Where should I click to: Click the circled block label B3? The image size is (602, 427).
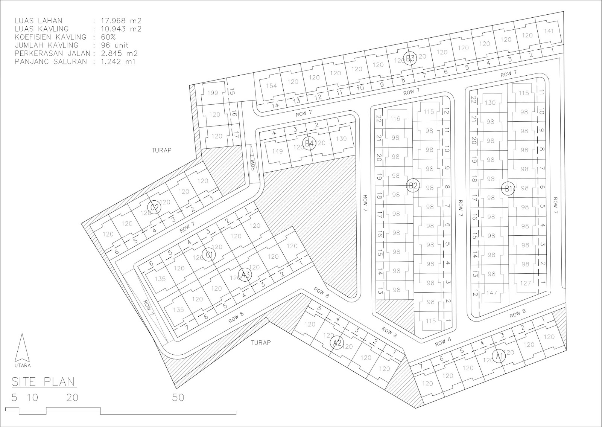[x=410, y=58]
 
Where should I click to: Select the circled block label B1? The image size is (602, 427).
[x=509, y=189]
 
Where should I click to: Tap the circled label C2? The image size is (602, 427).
[x=155, y=207]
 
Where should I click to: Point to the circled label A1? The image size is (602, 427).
[x=499, y=356]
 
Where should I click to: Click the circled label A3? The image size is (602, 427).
[x=245, y=275]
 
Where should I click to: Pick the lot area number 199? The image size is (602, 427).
[x=213, y=93]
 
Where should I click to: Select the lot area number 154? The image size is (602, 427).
[x=271, y=85]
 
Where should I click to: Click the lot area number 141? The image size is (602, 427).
[x=549, y=31]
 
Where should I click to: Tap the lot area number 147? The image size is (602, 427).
[x=492, y=293]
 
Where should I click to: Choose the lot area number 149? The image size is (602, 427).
[x=277, y=151]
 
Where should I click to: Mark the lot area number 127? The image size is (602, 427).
[x=525, y=283]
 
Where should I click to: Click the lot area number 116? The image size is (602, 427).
[x=395, y=119]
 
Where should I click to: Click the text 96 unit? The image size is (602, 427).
[x=114, y=45]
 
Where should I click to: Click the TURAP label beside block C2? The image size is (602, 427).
[x=161, y=150]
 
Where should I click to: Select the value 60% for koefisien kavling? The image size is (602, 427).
[x=108, y=37]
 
